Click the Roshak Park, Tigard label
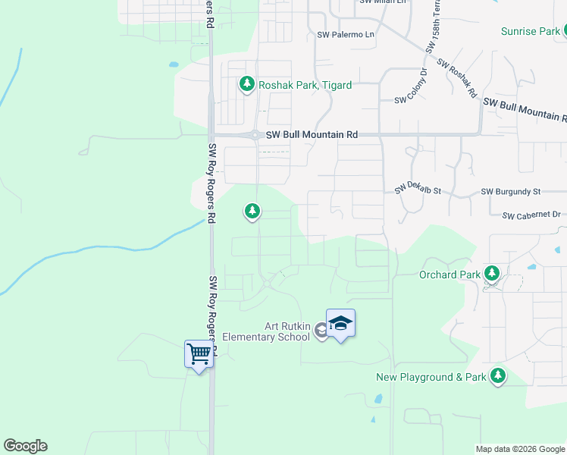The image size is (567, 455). tap(305, 86)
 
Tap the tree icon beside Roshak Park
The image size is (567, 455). tap(246, 84)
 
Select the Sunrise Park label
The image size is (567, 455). tap(530, 31)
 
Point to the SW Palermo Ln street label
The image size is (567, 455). tap(346, 35)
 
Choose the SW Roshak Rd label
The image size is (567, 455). tap(456, 80)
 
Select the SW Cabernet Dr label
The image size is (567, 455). tap(531, 215)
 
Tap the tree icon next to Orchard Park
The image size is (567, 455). tap(492, 273)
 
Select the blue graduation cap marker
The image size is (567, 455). tap(340, 323)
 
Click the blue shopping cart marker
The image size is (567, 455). tap(199, 353)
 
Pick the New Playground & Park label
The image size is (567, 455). tap(431, 377)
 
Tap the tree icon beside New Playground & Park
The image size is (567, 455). tap(497, 375)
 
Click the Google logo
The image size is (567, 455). tap(25, 446)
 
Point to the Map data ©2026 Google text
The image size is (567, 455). tap(519, 449)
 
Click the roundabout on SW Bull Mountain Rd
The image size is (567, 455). tap(256, 135)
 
